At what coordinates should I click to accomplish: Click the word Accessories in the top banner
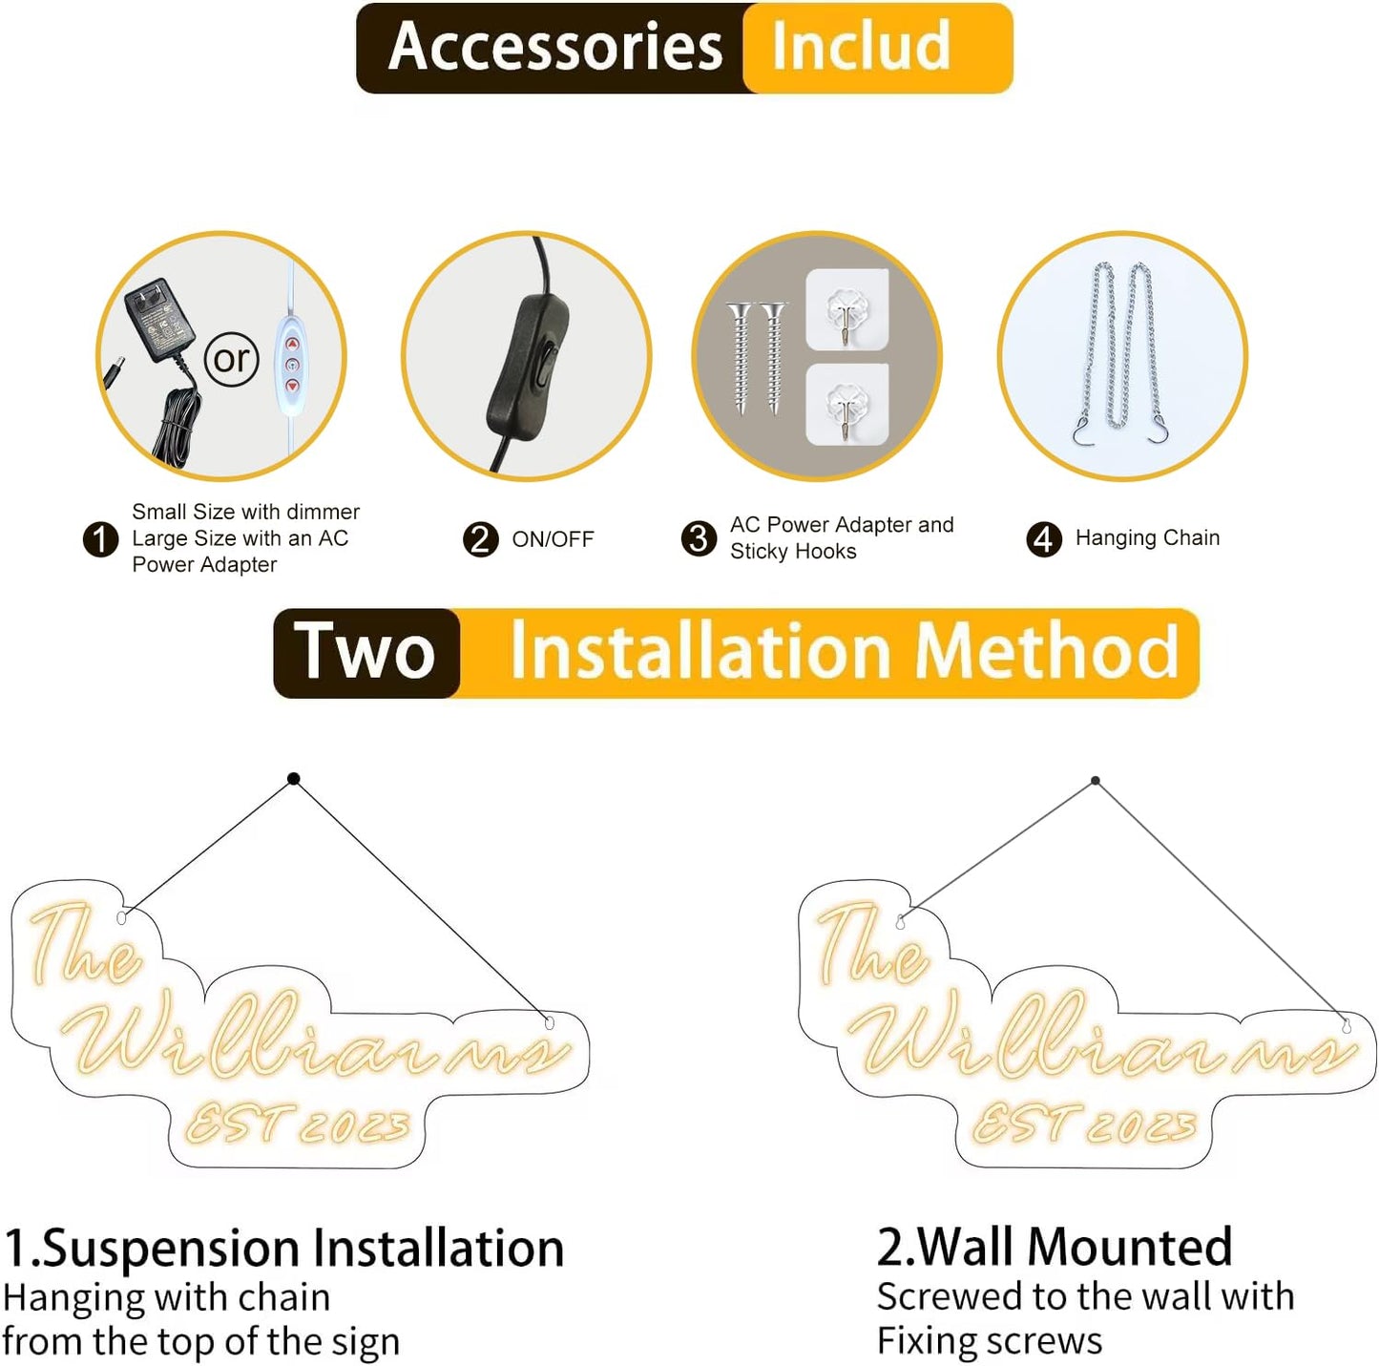[x=555, y=47]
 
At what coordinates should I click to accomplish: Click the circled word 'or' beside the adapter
[x=231, y=359]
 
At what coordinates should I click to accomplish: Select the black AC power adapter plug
[x=159, y=318]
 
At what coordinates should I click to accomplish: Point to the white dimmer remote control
[x=291, y=364]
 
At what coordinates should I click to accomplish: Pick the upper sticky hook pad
[x=847, y=309]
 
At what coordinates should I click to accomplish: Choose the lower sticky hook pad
[x=847, y=405]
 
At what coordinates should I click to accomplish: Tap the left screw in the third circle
[x=740, y=358]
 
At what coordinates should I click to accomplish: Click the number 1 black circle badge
[x=100, y=539]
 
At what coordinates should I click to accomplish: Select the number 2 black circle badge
[x=480, y=539]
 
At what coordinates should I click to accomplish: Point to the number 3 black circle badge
[x=699, y=538]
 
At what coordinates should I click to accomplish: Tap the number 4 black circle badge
[x=1044, y=539]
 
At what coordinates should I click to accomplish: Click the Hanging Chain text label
[x=1147, y=537]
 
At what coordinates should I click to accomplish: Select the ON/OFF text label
[x=553, y=539]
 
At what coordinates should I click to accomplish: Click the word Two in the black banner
[x=365, y=651]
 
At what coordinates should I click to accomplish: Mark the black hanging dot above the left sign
[x=293, y=779]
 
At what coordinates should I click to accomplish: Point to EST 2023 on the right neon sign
[x=1084, y=1124]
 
